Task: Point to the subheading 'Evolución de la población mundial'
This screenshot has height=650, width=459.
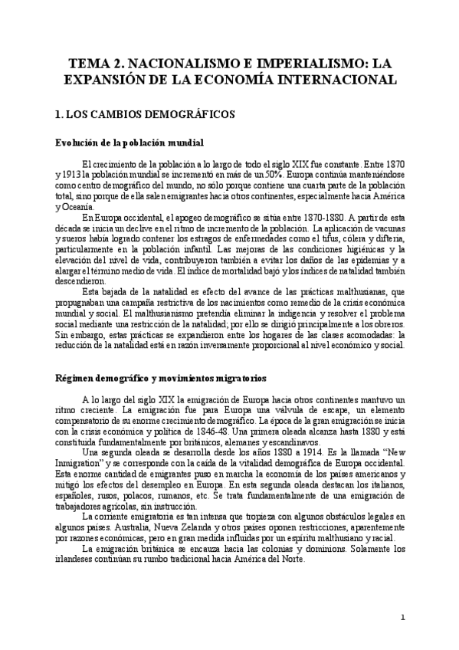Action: (x=130, y=143)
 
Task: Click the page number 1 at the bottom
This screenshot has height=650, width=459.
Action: (x=403, y=618)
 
